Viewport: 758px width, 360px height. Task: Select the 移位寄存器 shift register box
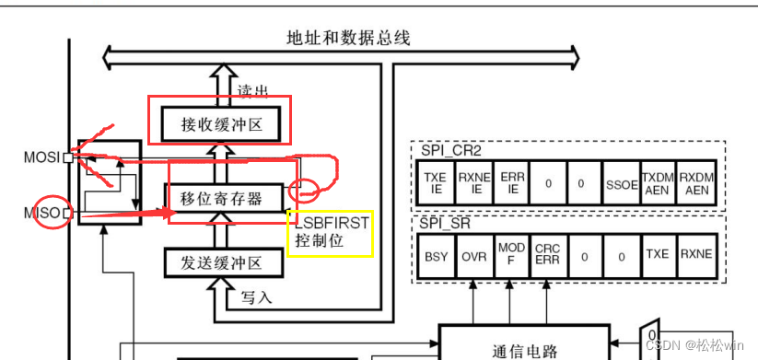pyautogui.click(x=221, y=197)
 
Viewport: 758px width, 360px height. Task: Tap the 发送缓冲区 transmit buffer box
pyautogui.click(x=221, y=262)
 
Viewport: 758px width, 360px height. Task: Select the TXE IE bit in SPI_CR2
pyautogui.click(x=433, y=183)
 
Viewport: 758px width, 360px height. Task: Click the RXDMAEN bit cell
pyautogui.click(x=697, y=183)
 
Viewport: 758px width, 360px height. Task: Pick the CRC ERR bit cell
pyautogui.click(x=547, y=254)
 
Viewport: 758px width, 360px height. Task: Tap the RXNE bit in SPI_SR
pyautogui.click(x=697, y=254)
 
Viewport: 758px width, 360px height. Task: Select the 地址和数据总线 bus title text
pyautogui.click(x=348, y=38)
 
